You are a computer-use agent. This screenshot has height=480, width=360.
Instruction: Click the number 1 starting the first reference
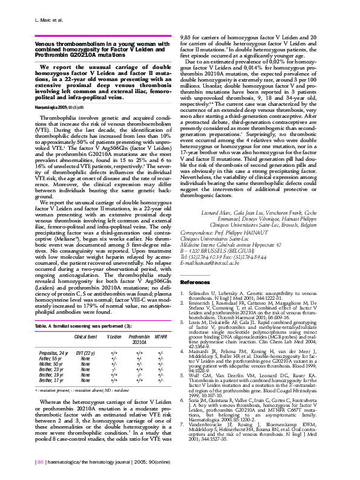183,293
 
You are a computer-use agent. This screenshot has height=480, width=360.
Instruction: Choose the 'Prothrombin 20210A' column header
139,337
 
